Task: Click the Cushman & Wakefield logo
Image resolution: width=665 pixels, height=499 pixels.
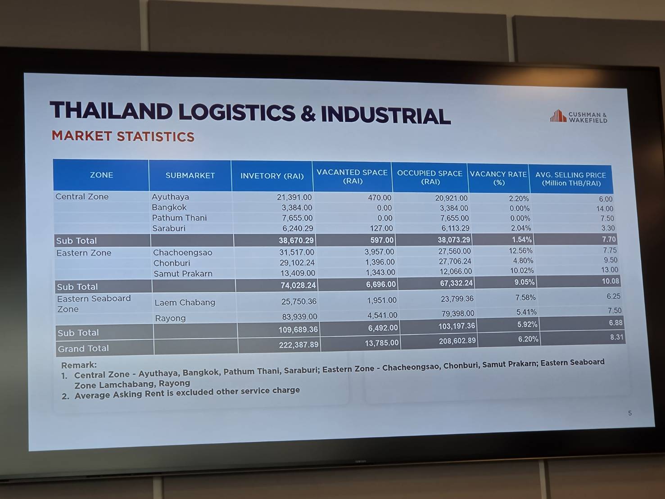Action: [579, 116]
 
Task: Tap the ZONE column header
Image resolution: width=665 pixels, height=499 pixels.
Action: [101, 175]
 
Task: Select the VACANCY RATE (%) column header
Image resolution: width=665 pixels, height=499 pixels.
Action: [498, 178]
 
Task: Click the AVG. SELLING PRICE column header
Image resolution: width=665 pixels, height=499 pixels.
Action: [571, 179]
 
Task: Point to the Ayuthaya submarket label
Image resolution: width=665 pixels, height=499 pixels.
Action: [170, 197]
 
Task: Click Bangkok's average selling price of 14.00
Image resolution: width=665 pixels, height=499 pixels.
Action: [605, 209]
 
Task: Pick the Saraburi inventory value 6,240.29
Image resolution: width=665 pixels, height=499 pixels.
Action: [298, 228]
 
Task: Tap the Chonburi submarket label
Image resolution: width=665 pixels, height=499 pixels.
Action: [172, 263]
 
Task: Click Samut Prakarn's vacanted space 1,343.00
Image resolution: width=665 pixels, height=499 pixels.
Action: [380, 272]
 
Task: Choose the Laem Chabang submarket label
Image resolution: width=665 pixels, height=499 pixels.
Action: [185, 302]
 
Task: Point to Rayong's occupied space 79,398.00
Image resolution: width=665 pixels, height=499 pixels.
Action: [458, 313]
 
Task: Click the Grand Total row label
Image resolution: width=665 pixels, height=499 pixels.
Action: [83, 349]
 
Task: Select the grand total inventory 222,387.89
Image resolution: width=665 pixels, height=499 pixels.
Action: [299, 345]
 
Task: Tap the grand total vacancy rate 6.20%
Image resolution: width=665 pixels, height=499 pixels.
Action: [528, 339]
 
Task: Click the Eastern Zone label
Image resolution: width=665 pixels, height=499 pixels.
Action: [84, 253]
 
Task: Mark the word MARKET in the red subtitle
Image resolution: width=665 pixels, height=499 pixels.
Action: [82, 136]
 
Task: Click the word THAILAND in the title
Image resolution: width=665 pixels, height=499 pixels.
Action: [111, 111]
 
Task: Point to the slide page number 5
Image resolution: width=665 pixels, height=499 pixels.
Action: [630, 413]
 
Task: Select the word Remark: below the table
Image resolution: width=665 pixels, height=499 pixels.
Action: [79, 365]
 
